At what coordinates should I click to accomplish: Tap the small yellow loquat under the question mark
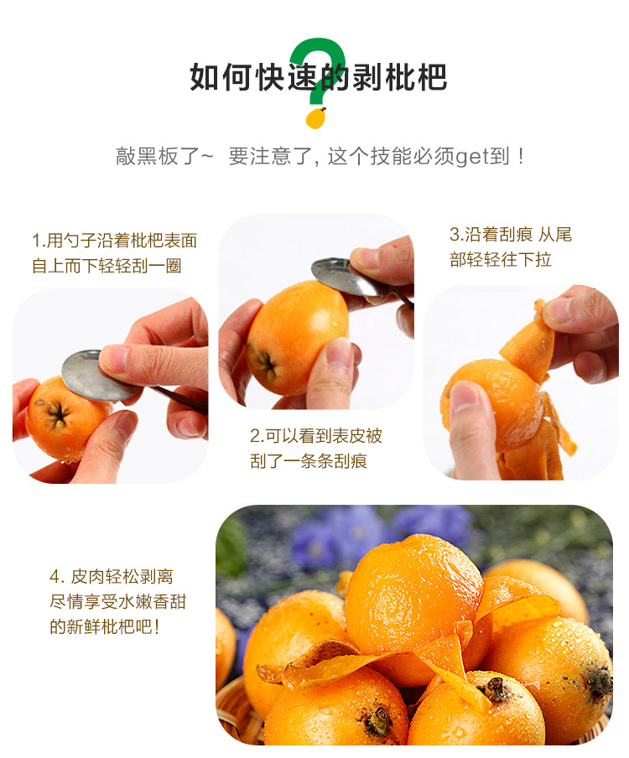(x=315, y=118)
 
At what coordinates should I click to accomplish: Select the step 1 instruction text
(x=114, y=253)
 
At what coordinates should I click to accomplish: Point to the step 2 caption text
(x=315, y=448)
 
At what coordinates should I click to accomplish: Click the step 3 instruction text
(x=510, y=247)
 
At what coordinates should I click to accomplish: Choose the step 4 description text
(x=117, y=601)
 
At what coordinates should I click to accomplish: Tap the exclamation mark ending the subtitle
(x=521, y=157)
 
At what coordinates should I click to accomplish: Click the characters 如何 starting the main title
(x=220, y=77)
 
